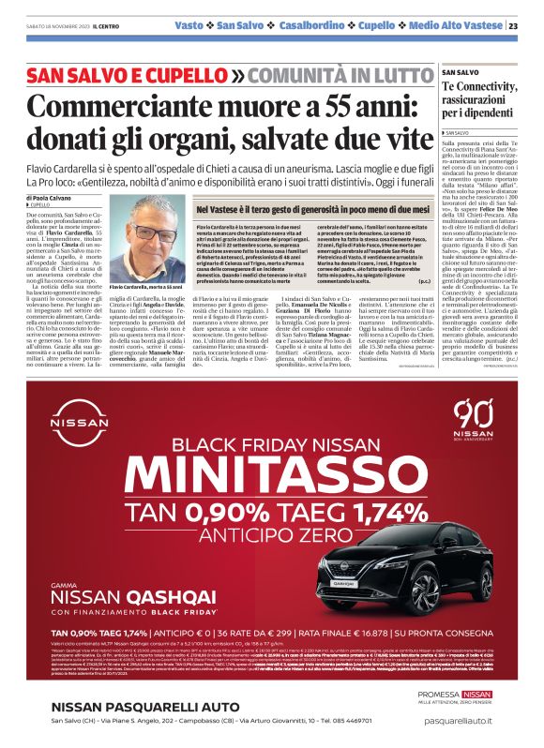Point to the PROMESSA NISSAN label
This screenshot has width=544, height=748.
tap(472, 694)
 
